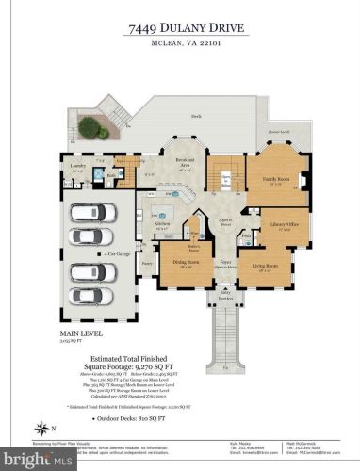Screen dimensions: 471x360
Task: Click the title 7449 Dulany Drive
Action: click(180, 30)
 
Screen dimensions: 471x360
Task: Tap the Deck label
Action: click(195, 116)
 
